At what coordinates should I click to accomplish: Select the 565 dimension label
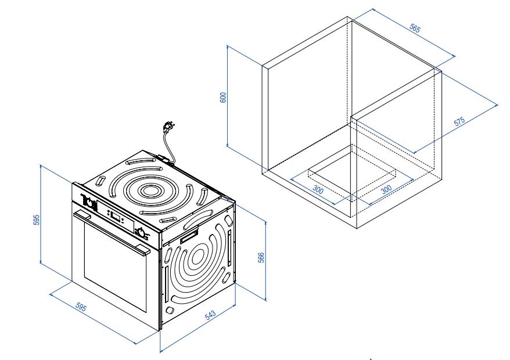pyautogui.click(x=415, y=30)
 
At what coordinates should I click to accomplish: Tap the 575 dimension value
pyautogui.click(x=459, y=122)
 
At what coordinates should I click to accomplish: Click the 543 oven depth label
pyautogui.click(x=210, y=315)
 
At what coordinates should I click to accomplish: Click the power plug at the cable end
pyautogui.click(x=170, y=125)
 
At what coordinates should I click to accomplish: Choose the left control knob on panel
pyautogui.click(x=90, y=203)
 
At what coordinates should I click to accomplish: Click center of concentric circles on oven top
pyautogui.click(x=152, y=190)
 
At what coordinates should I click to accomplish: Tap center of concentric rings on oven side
pyautogui.click(x=196, y=255)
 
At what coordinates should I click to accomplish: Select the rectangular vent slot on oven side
pyautogui.click(x=189, y=236)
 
